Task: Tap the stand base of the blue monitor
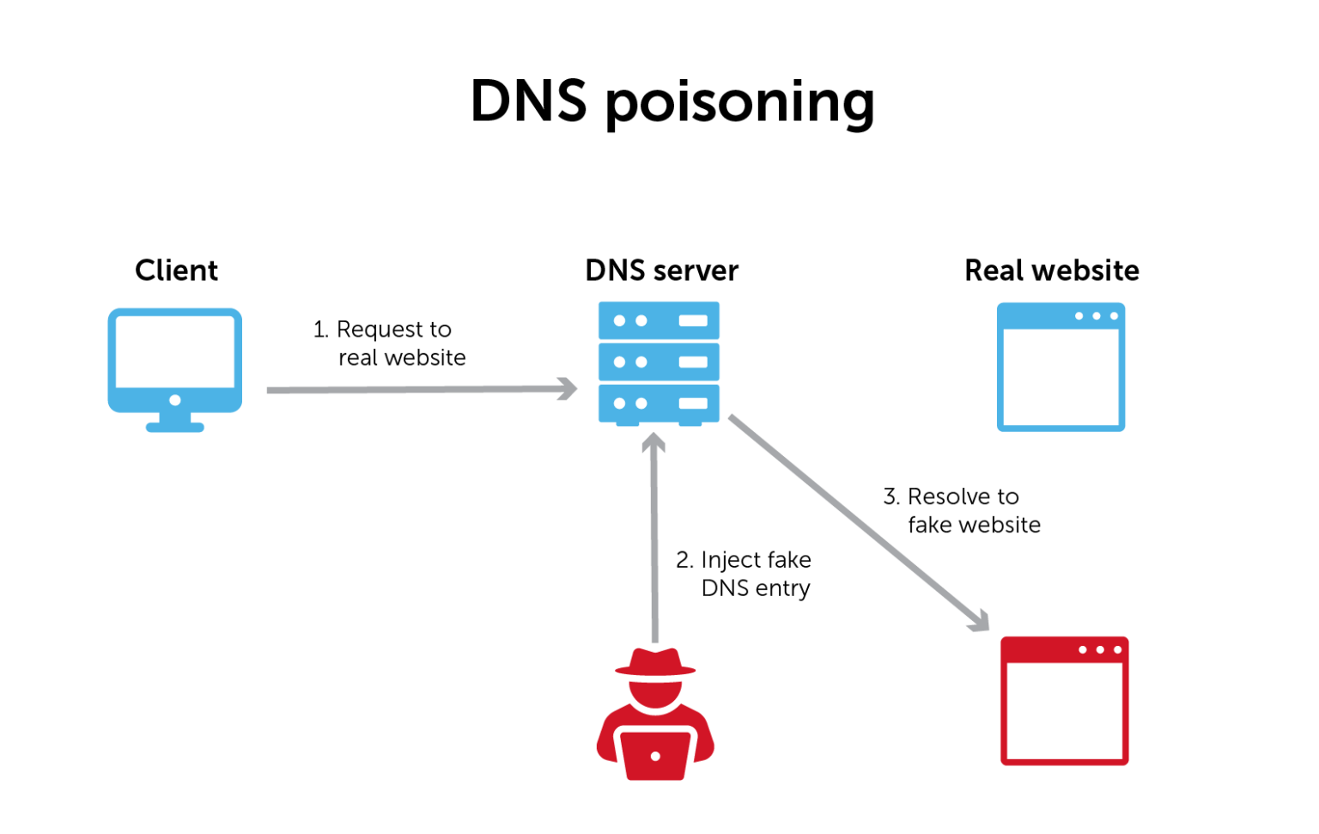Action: pos(175,427)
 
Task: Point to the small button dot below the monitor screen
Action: pos(175,400)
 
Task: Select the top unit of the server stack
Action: pos(659,320)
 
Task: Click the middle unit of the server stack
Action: pos(659,362)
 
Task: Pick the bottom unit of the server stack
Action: pos(659,403)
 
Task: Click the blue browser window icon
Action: pos(1061,367)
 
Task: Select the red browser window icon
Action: pos(1064,700)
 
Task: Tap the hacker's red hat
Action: pos(655,662)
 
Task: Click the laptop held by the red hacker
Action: pos(655,754)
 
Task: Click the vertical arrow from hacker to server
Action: pos(654,541)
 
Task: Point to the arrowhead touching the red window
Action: pos(981,623)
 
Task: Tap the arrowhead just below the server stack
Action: pos(653,441)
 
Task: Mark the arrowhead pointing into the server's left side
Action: pos(568,388)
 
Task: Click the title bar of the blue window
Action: pos(1061,316)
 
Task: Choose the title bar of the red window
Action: pos(1064,649)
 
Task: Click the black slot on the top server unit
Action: pos(692,320)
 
